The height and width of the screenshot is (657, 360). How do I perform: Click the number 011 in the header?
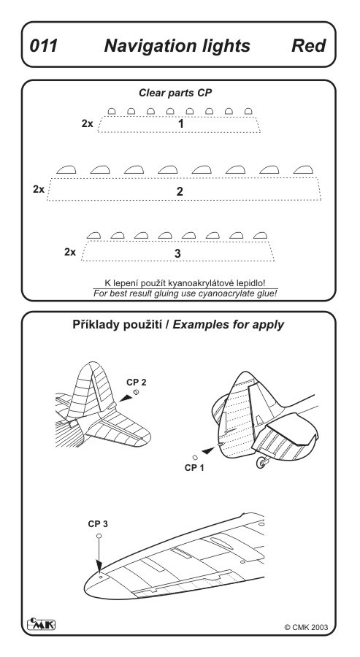tap(44, 46)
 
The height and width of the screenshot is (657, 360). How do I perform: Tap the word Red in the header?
tap(308, 46)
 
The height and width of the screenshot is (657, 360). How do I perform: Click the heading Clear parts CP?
tap(175, 93)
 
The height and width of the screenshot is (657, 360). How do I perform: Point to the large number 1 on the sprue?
tap(180, 124)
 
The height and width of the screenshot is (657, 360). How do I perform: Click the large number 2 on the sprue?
tap(180, 191)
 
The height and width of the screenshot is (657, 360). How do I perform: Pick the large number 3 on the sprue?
tap(177, 253)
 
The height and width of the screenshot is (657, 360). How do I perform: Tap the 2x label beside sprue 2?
tap(39, 189)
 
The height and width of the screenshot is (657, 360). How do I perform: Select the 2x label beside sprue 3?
tap(70, 253)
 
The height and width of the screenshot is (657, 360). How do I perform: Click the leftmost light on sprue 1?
tap(112, 111)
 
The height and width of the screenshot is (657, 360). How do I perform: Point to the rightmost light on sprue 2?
tap(302, 169)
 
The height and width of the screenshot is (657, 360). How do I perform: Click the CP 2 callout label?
tap(137, 382)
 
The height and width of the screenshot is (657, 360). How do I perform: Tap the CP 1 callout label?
tap(194, 468)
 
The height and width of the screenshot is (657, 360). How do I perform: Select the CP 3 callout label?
tap(98, 523)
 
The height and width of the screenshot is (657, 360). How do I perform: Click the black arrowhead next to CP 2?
tap(126, 398)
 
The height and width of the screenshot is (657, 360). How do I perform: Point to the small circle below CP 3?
tap(99, 536)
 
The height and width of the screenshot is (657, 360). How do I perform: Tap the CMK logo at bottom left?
tap(41, 624)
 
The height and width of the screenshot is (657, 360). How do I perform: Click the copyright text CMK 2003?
tap(307, 627)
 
